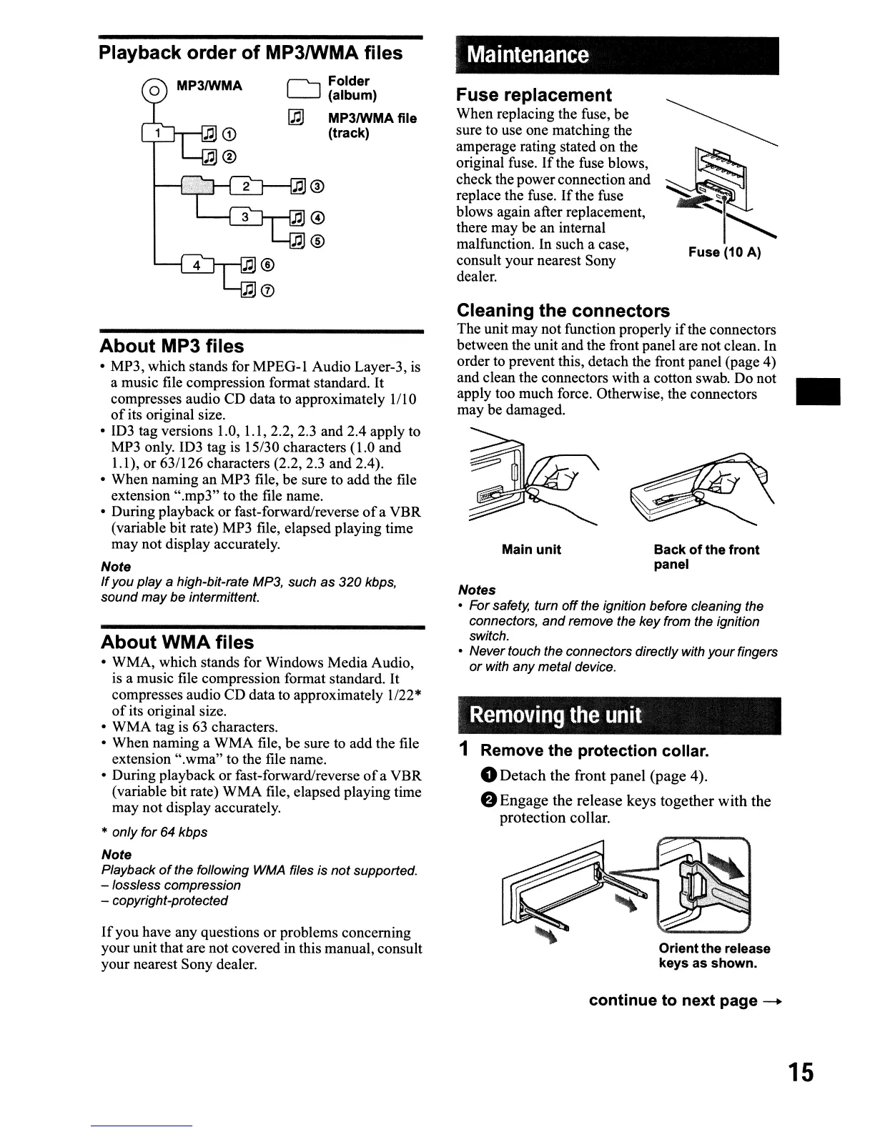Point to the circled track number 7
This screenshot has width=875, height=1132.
[x=268, y=290]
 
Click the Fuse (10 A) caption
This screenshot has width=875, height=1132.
[x=724, y=252]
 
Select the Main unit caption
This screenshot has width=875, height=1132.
[x=531, y=550]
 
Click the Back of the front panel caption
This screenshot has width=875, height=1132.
[x=706, y=557]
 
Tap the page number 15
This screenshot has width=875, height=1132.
[x=801, y=1073]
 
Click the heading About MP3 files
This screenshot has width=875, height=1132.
[x=172, y=347]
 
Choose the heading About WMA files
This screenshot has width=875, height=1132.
[x=177, y=642]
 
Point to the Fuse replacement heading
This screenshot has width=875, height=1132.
[x=534, y=95]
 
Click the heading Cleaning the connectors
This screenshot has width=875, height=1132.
[x=563, y=311]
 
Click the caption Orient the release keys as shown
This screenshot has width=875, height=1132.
[x=714, y=956]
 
